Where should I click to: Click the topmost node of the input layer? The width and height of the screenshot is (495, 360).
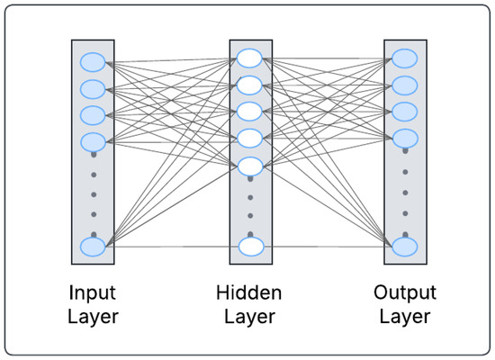coord(93,62)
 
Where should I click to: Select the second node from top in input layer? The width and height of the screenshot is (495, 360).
coord(93,89)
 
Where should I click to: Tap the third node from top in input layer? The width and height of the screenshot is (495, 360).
coord(93,115)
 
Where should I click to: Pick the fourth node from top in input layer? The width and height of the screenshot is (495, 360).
coord(93,141)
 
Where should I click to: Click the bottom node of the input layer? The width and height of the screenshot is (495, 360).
coord(93,246)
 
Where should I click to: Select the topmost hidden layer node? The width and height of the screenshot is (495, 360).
coord(249,58)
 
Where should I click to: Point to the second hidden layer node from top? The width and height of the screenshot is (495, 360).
coord(249,85)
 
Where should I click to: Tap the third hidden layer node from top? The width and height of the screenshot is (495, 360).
coord(249,112)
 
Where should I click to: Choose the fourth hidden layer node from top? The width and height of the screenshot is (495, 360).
coord(249,139)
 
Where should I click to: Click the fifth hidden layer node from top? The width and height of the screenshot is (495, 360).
coord(249,166)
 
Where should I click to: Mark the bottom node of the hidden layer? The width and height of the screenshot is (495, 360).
coord(249,246)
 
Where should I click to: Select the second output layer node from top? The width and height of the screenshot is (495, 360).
coord(405,85)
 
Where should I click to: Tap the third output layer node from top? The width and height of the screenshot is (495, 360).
coord(405,112)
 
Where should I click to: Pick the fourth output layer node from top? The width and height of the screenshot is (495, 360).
coord(405,138)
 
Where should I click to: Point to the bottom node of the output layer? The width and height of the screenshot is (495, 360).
coord(405,246)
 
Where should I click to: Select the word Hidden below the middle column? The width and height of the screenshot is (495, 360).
coord(249,292)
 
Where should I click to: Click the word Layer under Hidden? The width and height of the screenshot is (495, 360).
coord(249,317)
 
